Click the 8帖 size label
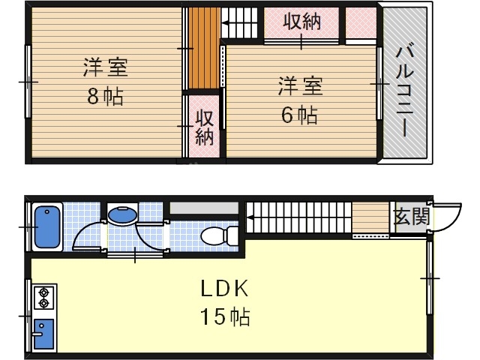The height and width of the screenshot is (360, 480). pos(105,97)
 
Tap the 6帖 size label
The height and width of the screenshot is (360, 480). pos(300,115)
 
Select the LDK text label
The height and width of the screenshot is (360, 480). pos(224,289)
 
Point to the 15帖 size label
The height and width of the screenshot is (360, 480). pos(224,317)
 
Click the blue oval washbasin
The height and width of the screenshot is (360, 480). pos(122,215)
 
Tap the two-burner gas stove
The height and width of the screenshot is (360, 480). pos(42,298)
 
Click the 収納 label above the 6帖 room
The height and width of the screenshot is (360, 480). pos(301,22)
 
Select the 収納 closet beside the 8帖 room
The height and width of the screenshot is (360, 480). pos(204,127)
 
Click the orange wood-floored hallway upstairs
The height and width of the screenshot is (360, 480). pos(202,49)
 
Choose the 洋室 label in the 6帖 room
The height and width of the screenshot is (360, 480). pos(300,86)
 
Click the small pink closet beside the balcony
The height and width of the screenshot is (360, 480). pos(360,22)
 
